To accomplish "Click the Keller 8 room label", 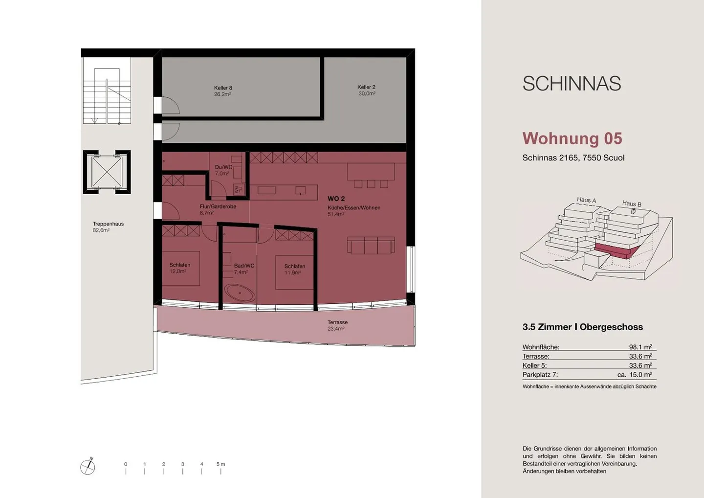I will (x=222, y=91).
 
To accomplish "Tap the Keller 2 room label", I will (x=366, y=90).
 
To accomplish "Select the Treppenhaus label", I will (x=108, y=226).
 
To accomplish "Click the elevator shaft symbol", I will (x=107, y=172).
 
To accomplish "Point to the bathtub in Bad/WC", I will (x=240, y=294).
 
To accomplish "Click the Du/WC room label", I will (x=223, y=170).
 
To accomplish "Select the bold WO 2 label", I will (x=336, y=199).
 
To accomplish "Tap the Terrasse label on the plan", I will (x=337, y=325).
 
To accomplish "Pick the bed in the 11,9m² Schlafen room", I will (x=294, y=272).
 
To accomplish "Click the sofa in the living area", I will (x=371, y=245).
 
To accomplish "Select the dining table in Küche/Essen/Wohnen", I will (x=371, y=172).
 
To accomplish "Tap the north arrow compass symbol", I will (x=88, y=467).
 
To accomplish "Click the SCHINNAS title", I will (x=572, y=84).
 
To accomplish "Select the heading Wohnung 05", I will (x=572, y=138).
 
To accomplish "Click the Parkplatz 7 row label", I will (x=540, y=375).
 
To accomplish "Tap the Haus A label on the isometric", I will (x=586, y=200).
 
